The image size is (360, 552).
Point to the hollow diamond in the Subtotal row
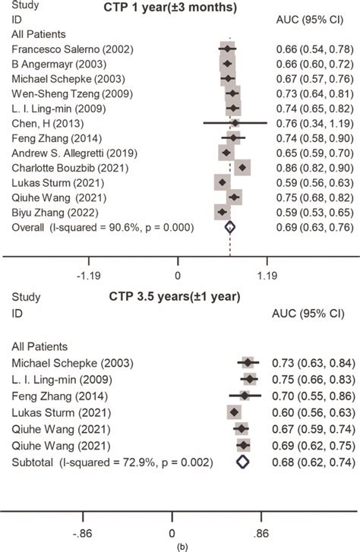click(242, 461)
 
